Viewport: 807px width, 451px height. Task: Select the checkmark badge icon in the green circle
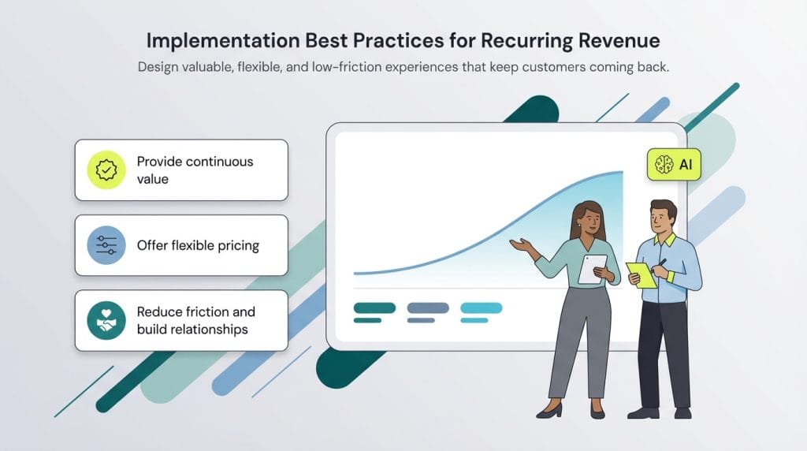point(106,170)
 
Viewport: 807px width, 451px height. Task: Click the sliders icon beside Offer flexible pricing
point(106,245)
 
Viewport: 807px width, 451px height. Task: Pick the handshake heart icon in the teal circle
point(106,320)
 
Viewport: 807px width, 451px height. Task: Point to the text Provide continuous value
point(195,170)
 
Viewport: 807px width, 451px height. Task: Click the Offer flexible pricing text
point(198,245)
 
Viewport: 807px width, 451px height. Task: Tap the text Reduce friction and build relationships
point(195,320)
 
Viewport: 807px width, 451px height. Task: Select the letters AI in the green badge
point(685,165)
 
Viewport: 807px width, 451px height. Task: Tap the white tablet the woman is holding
point(592,269)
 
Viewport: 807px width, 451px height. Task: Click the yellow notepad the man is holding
point(640,274)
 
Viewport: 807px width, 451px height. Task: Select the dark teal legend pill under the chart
point(374,307)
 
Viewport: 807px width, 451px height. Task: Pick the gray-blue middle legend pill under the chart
point(427,307)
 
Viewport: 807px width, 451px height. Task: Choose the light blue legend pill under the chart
point(481,307)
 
